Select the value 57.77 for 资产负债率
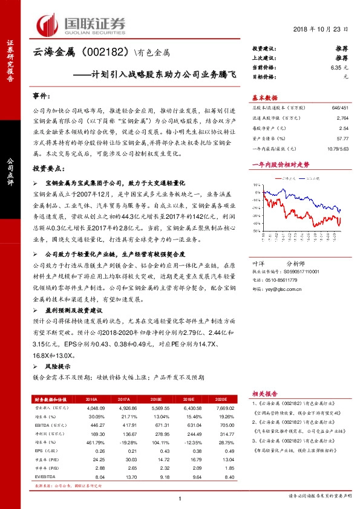click(x=342, y=138)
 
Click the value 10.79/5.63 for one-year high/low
click(x=336, y=148)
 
